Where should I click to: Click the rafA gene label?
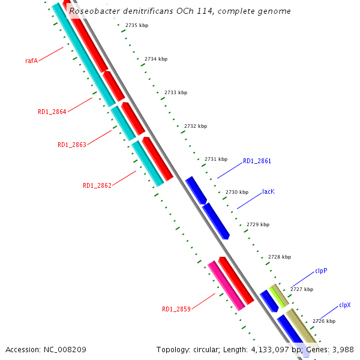[31, 61]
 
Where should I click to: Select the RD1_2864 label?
[52, 112]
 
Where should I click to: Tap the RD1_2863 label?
[71, 145]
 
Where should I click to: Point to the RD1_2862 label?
[97, 185]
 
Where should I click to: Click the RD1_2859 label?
[176, 309]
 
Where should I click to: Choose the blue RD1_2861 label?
[257, 161]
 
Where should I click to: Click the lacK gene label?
[268, 191]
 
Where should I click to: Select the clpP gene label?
[321, 271]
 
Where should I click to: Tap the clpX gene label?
[344, 305]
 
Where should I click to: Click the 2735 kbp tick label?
[137, 26]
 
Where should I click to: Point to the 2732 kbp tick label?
[196, 126]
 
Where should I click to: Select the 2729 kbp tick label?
[258, 224]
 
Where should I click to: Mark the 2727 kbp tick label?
[301, 289]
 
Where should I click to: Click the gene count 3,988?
[343, 349]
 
